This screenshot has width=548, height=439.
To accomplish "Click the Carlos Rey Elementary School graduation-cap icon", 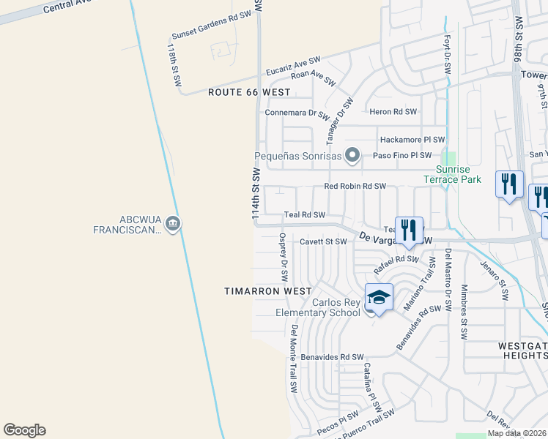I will point(379,298).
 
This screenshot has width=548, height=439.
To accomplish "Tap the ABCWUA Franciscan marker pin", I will point(173,223).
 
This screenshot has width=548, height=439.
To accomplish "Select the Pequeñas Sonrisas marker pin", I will point(352,155).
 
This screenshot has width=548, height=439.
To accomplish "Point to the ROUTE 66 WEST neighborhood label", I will point(249,92).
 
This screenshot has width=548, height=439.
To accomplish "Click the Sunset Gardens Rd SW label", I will point(210,26).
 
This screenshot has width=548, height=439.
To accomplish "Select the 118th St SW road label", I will point(174,64).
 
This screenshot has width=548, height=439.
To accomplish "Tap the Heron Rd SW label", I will point(393,112).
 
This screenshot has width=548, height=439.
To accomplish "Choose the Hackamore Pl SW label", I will point(412,140).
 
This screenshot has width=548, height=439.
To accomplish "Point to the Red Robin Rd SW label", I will point(355,187).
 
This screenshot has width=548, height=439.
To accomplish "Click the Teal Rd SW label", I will point(304,215).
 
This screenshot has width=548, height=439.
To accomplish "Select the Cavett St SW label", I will point(323,241).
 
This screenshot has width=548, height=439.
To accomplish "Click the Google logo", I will point(24,430).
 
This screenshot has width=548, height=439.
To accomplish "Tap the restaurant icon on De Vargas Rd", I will point(408,229).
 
